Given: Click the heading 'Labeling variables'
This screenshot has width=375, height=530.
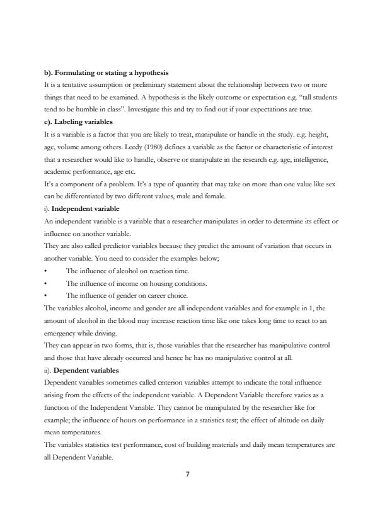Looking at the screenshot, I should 84,121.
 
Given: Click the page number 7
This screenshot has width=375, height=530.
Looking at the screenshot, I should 187,474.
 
